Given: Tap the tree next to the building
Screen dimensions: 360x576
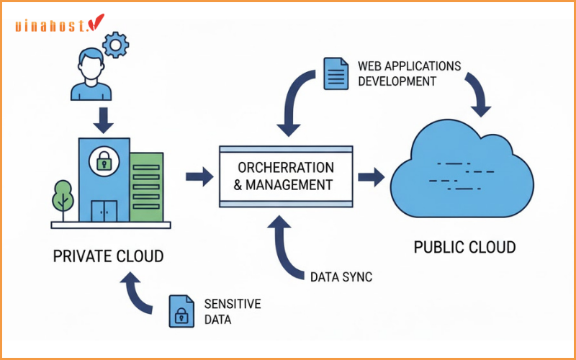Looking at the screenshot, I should click(63, 197).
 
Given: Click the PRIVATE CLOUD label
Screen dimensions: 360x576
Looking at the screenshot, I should click(109, 256).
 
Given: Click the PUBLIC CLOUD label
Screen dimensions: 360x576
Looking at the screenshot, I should click(464, 248).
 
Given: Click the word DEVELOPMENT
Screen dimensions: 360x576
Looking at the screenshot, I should click(397, 81).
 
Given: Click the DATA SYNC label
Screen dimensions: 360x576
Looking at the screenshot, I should click(341, 276).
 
